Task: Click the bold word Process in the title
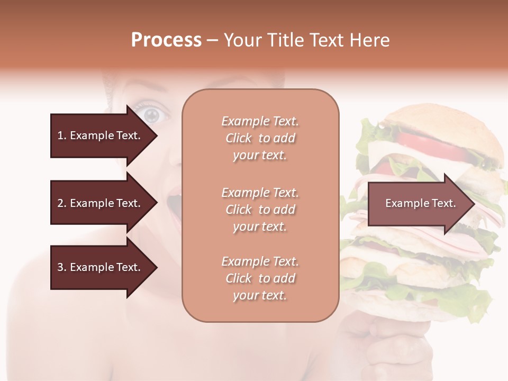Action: (x=166, y=40)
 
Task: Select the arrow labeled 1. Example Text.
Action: (x=99, y=135)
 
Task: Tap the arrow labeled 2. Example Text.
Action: (x=99, y=203)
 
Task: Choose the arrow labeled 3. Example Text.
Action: (x=99, y=267)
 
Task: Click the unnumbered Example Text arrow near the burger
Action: (x=420, y=203)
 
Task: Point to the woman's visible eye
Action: (x=151, y=114)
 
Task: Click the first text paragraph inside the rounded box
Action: (x=260, y=138)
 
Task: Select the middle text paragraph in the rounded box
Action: (x=260, y=210)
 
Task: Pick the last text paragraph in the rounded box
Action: (x=260, y=278)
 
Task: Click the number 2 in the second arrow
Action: (x=60, y=203)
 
